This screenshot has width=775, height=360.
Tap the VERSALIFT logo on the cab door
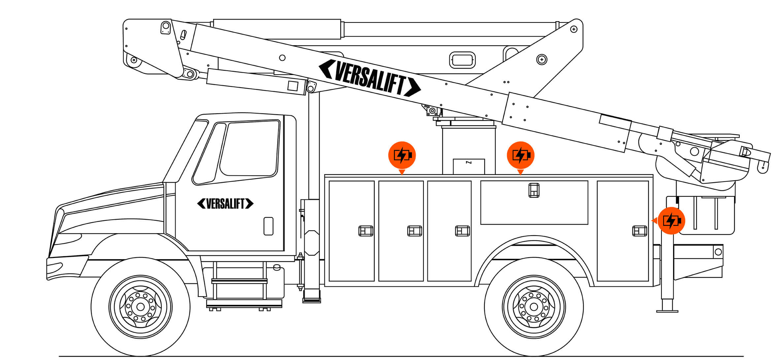click(225, 204)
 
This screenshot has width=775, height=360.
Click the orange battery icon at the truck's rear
click(671, 221)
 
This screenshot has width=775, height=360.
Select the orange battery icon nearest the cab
click(402, 155)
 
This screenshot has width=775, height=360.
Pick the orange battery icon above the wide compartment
click(520, 155)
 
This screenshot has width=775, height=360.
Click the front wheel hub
click(140, 307)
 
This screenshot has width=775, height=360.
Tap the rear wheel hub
click(534, 307)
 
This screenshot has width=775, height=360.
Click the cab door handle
click(268, 226)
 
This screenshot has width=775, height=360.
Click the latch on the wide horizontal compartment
click(534, 190)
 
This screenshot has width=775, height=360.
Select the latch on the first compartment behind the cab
click(366, 231)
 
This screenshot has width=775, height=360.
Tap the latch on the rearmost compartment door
click(639, 231)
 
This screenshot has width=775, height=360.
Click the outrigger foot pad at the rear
click(667, 310)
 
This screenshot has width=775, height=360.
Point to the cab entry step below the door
click(239, 281)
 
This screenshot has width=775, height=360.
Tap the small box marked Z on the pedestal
click(469, 166)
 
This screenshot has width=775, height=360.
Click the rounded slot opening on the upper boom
click(462, 60)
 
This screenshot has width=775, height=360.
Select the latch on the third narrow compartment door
click(462, 231)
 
